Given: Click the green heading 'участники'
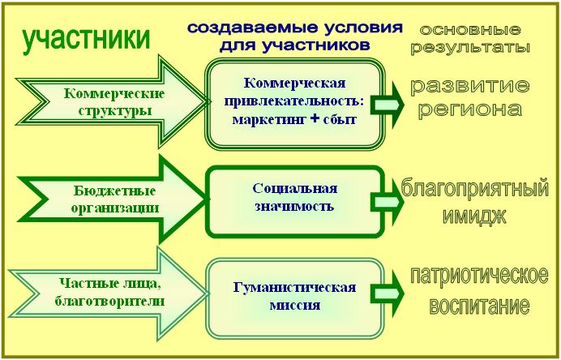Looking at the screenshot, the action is click(86, 39).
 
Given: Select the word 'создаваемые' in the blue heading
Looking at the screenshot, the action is click(247, 28).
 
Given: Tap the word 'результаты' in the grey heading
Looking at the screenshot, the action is click(470, 48).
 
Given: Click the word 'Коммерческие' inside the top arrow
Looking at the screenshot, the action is click(114, 94).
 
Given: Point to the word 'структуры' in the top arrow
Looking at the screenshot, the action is click(114, 111).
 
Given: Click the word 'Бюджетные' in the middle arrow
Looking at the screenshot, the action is click(114, 191).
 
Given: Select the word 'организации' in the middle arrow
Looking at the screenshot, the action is click(114, 208).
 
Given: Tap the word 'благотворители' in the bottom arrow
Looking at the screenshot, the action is click(109, 301).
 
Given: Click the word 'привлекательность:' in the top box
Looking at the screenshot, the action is click(294, 101).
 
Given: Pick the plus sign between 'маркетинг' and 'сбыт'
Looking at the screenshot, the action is click(315, 118).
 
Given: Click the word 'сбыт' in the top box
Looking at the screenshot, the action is click(340, 119).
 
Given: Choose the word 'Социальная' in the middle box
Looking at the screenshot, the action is click(295, 189).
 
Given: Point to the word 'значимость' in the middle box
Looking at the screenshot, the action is click(294, 207).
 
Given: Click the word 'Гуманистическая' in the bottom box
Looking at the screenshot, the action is click(295, 288).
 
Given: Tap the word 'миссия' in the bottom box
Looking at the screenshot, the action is click(295, 306).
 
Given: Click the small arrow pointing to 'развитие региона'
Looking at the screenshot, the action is click(388, 105).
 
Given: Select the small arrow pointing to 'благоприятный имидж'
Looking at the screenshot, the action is click(388, 202).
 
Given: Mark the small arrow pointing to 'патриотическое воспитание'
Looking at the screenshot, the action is click(388, 294).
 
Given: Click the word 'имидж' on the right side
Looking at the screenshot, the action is click(475, 216).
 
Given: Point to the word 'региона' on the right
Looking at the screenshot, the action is click(469, 109).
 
